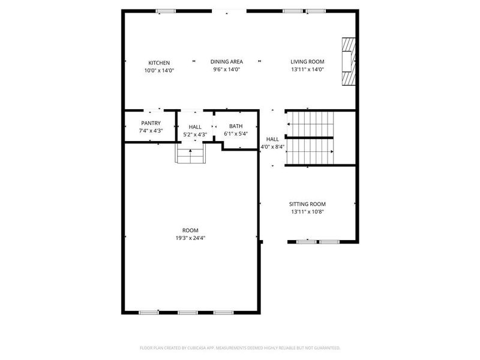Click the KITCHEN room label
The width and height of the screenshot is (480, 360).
pyautogui.click(x=159, y=63)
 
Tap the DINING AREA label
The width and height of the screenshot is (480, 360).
pyautogui.click(x=226, y=62)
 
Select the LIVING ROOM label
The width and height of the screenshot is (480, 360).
pyautogui.click(x=307, y=62)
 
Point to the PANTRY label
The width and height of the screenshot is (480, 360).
pyautogui.click(x=151, y=123)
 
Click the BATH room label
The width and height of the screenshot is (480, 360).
pyautogui.click(x=235, y=126)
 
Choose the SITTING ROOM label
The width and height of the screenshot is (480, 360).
pyautogui.click(x=308, y=205)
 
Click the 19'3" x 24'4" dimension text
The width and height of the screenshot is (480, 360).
pyautogui.click(x=190, y=238)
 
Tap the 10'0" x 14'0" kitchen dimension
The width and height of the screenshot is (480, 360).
pyautogui.click(x=159, y=70)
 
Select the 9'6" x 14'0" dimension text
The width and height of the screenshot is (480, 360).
pyautogui.click(x=226, y=69)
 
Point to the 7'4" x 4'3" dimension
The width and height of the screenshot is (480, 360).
pyautogui.click(x=151, y=130)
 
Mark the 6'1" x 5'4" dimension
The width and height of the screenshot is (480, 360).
pyautogui.click(x=235, y=133)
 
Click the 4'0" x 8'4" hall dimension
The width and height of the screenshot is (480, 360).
pyautogui.click(x=272, y=146)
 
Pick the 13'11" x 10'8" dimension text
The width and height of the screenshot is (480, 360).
pyautogui.click(x=308, y=211)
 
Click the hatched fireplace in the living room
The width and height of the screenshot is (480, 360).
pyautogui.click(x=348, y=63)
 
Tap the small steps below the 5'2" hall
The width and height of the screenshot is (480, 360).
pyautogui.click(x=191, y=155)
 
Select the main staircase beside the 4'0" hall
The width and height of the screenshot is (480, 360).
pyautogui.click(x=310, y=138)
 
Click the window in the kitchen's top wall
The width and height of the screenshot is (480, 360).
pyautogui.click(x=166, y=11)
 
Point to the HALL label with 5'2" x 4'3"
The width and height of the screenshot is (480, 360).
pyautogui.click(x=195, y=127)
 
